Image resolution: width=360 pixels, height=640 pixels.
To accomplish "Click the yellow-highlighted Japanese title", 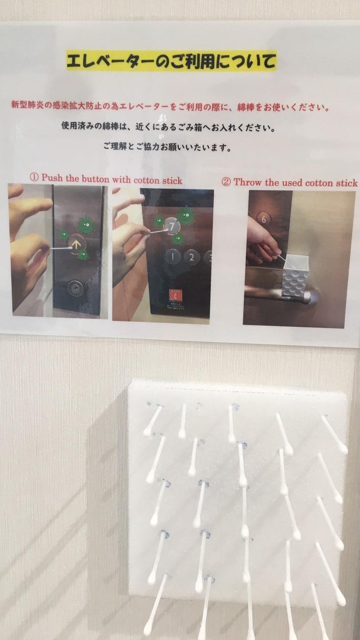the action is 172,61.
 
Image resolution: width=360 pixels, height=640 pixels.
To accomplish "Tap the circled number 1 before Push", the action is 34,177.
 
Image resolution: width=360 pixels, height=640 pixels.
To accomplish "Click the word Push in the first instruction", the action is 52,178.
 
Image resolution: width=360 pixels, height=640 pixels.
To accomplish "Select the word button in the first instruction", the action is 95,179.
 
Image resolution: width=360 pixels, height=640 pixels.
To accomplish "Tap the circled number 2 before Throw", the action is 226,182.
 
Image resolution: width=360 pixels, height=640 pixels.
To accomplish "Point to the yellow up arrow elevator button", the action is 76,244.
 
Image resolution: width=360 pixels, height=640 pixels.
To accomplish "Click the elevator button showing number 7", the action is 172,227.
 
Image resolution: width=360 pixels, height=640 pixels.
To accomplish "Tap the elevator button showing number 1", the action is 172,257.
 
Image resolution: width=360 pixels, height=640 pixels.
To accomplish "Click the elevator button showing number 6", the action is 263,219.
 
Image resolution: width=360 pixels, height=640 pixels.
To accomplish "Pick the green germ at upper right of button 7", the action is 186,217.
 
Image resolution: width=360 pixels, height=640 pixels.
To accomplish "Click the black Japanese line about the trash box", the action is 168,127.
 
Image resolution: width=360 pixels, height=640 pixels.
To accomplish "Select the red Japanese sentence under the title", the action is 170,106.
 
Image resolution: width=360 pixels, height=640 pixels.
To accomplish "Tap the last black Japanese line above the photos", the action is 167,147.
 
